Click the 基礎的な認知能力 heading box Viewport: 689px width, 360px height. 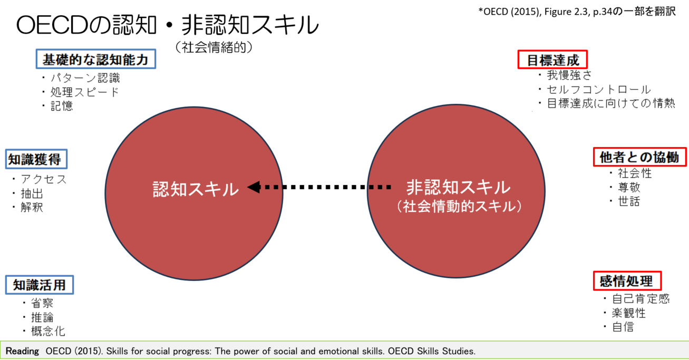pos(96,59)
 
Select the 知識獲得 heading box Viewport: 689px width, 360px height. pos(36,159)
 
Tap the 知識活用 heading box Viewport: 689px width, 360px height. pos(40,285)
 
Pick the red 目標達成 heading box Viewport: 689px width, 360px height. pos(552,60)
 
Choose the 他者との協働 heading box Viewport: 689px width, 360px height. pos(640,157)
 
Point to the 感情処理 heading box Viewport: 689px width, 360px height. pos(627,281)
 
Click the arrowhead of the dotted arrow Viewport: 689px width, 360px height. pos(254,187)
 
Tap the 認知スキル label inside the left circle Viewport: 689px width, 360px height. pos(196,189)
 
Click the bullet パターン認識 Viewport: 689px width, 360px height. pos(84,78)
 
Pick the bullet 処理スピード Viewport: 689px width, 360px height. pos(84,92)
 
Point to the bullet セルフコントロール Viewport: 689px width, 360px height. pos(598,90)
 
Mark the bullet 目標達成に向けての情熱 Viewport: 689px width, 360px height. pos(611,103)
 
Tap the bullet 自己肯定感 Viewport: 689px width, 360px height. pos(641,298)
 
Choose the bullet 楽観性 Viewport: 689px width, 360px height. pos(629,313)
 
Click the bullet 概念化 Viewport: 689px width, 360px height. pos(48,331)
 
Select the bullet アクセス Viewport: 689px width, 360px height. pos(44,179)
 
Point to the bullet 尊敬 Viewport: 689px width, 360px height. pos(629,187)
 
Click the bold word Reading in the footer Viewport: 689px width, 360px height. pos(23,351)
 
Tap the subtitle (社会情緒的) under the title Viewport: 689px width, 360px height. pos(214,47)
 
